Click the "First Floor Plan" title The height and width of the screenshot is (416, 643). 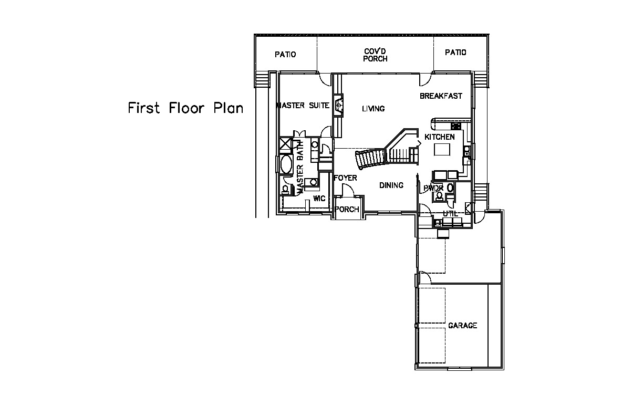pyautogui.click(x=185, y=108)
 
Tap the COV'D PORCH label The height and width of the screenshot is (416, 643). pyautogui.click(x=375, y=55)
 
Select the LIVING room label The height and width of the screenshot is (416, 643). pyautogui.click(x=373, y=109)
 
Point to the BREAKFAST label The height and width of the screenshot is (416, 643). pyautogui.click(x=441, y=96)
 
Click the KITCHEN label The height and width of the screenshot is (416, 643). pyautogui.click(x=440, y=137)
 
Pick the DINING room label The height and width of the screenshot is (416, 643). pyautogui.click(x=391, y=185)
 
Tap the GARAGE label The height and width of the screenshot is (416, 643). pyautogui.click(x=462, y=325)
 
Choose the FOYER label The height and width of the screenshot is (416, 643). pyautogui.click(x=345, y=178)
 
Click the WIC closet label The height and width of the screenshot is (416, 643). pyautogui.click(x=319, y=199)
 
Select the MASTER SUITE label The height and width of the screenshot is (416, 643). pyautogui.click(x=303, y=106)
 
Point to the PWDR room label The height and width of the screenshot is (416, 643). pyautogui.click(x=433, y=189)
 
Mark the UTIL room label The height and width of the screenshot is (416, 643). pyautogui.click(x=450, y=214)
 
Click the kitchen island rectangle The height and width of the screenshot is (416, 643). pyautogui.click(x=442, y=149)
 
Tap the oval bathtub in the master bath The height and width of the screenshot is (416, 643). pyautogui.click(x=286, y=164)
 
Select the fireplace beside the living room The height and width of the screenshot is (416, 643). pyautogui.click(x=338, y=106)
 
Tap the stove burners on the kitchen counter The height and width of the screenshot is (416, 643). pyautogui.click(x=455, y=126)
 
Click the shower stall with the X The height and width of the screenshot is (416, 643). pyautogui.click(x=286, y=143)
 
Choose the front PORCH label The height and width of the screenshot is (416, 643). pyautogui.click(x=347, y=209)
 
